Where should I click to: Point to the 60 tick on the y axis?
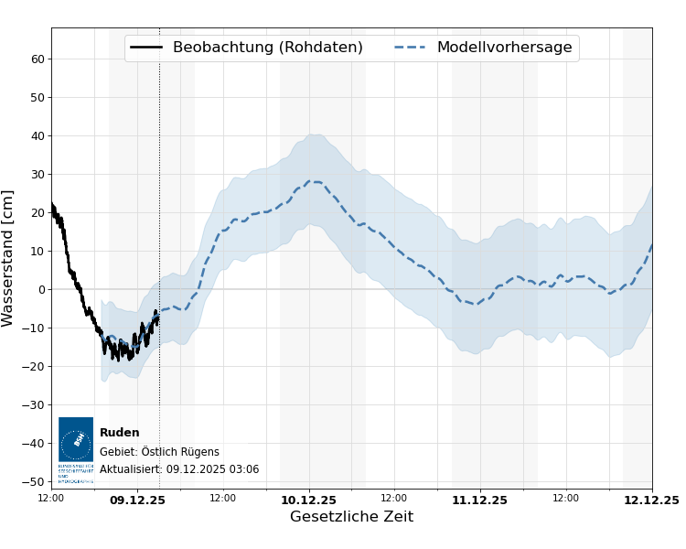[38, 59]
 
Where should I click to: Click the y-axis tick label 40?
[38, 135]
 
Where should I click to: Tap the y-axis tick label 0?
[40, 289]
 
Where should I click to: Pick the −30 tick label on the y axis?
[34, 404]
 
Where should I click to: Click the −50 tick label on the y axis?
[34, 481]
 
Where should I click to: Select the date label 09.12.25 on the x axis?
[137, 500]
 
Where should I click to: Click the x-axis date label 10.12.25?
[308, 500]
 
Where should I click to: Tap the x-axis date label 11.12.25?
[479, 500]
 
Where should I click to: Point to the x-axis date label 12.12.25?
[651, 500]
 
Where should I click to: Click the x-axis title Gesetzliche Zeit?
[351, 517]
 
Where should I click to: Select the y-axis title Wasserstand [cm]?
[9, 258]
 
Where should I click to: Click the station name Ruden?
[120, 433]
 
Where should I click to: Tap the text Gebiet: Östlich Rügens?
[159, 451]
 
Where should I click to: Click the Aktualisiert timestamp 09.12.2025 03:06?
[179, 469]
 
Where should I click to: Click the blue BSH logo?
[76, 445]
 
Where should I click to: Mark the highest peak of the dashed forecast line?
[314, 181]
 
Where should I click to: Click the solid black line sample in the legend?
[146, 48]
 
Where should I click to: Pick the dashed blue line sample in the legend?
[411, 48]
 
